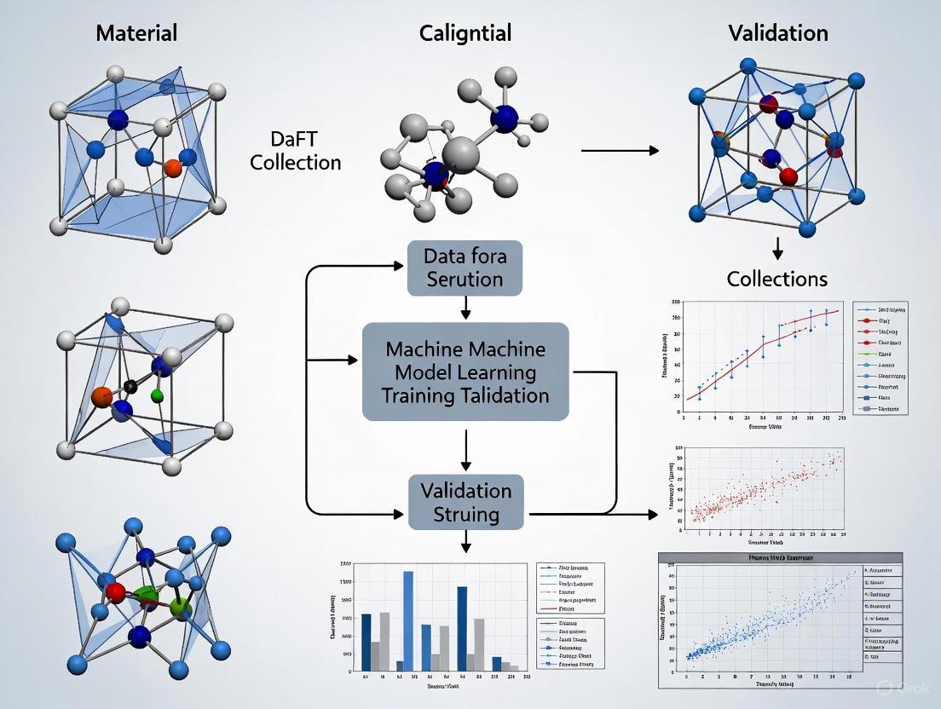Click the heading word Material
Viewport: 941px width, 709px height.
click(136, 33)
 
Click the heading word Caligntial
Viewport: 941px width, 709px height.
click(465, 33)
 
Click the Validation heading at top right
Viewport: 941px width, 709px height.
click(777, 33)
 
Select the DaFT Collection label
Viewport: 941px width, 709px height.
click(295, 150)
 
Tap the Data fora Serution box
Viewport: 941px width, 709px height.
click(465, 268)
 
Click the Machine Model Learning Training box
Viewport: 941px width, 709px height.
click(465, 372)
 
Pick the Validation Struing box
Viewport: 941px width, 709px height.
click(465, 502)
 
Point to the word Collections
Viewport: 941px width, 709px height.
click(777, 279)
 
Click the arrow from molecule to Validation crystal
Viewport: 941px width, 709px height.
click(620, 150)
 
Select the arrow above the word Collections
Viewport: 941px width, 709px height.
click(777, 248)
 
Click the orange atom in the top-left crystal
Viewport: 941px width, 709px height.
click(172, 169)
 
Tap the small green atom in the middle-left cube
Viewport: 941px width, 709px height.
click(156, 395)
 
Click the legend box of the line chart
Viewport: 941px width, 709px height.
click(880, 357)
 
